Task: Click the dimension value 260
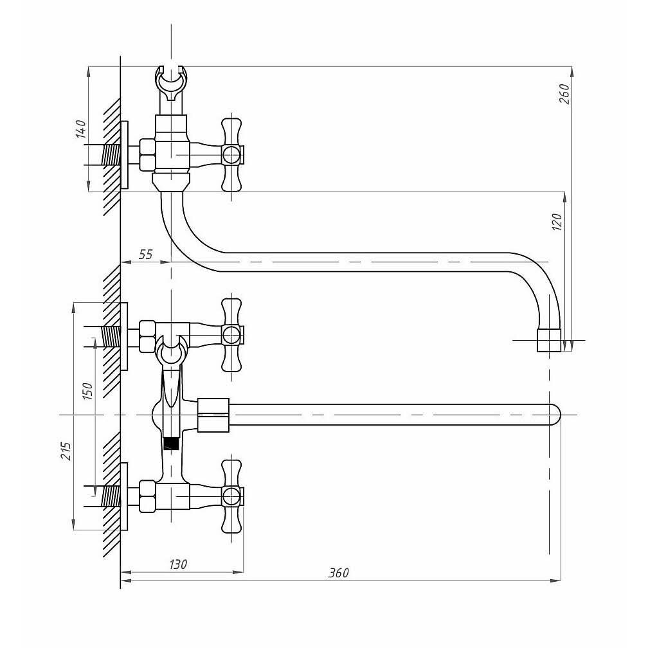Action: point(564,94)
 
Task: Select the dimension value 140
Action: point(80,129)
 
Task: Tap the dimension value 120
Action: point(557,221)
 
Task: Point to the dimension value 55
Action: point(146,255)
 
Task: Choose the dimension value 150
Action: point(88,390)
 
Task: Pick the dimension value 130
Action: point(178,565)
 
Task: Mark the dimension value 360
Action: point(339,573)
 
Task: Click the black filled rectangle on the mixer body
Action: point(170,443)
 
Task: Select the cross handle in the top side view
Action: point(231,154)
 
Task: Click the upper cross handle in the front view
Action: point(231,335)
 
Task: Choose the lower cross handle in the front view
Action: point(231,496)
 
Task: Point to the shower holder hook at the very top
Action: point(172,82)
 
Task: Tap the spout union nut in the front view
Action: point(213,415)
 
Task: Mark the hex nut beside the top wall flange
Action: point(147,155)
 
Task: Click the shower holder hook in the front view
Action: point(171,351)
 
